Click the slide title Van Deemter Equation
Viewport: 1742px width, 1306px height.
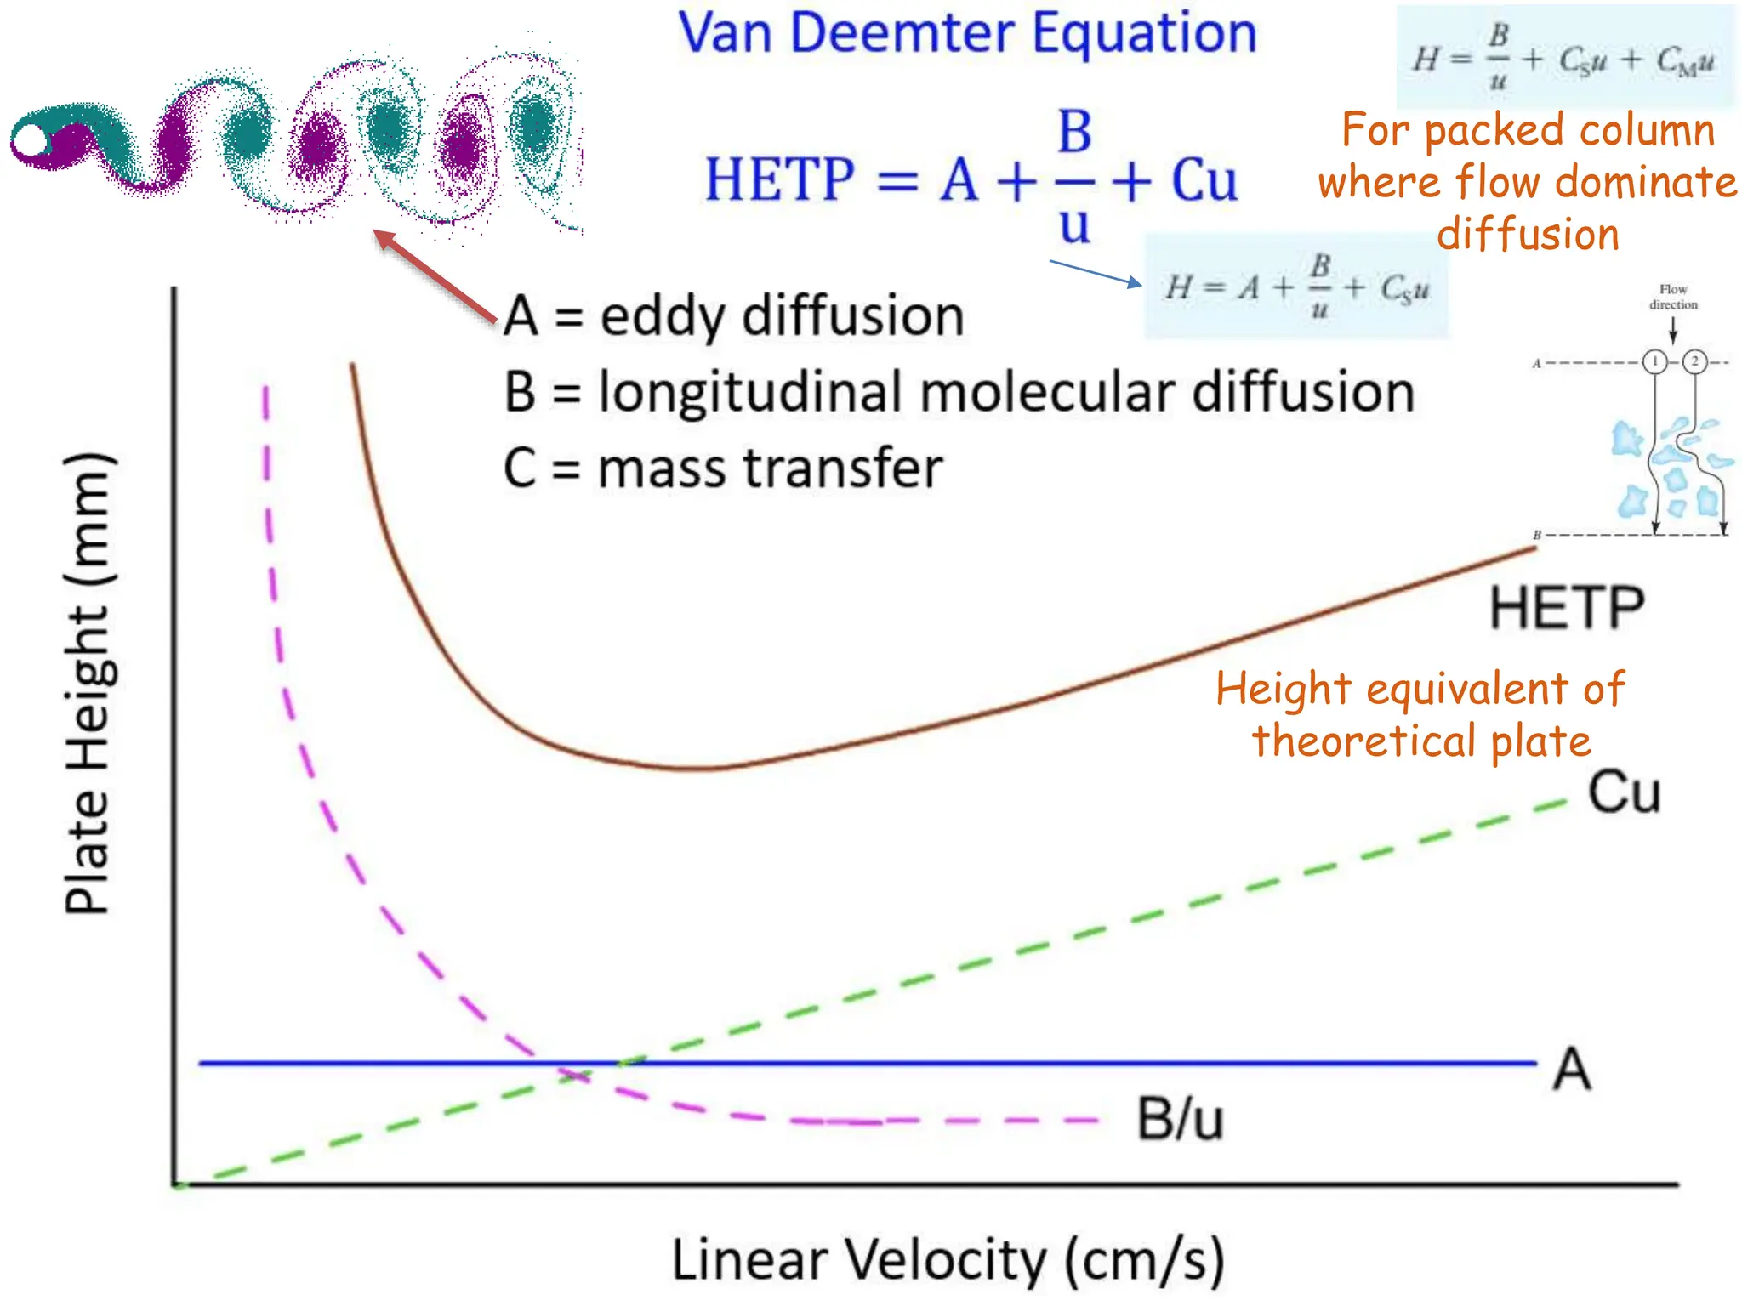click(x=967, y=34)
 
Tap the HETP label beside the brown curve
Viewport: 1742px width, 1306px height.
click(x=1567, y=609)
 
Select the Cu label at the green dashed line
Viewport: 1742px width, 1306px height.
click(x=1624, y=792)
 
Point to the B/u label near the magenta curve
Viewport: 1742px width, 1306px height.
click(x=1180, y=1119)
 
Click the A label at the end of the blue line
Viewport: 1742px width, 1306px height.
click(x=1571, y=1069)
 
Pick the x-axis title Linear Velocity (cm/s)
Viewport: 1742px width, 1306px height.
click(x=948, y=1259)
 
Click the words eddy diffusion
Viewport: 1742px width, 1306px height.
click(x=782, y=316)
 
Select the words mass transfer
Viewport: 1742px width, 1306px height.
click(x=770, y=468)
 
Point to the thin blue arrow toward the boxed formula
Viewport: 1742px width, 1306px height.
click(x=1096, y=274)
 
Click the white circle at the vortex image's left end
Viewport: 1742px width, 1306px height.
click(x=31, y=140)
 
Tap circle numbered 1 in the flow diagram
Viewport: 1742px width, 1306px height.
click(x=1654, y=362)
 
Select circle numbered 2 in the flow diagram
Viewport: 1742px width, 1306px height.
click(x=1694, y=362)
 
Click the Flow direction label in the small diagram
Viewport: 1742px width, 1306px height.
click(x=1673, y=297)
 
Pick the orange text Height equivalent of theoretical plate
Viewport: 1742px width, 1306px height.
click(x=1420, y=713)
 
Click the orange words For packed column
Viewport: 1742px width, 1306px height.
click(x=1528, y=130)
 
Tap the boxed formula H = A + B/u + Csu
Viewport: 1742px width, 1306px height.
click(x=1296, y=288)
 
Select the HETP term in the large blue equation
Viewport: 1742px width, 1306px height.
click(x=780, y=180)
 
